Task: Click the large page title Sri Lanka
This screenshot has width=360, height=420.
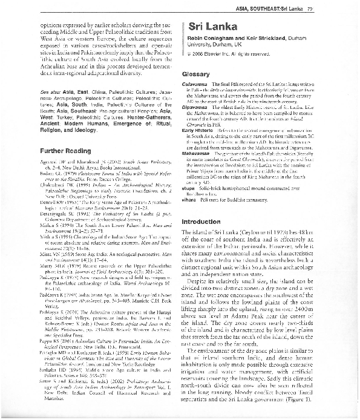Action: (209, 27)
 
